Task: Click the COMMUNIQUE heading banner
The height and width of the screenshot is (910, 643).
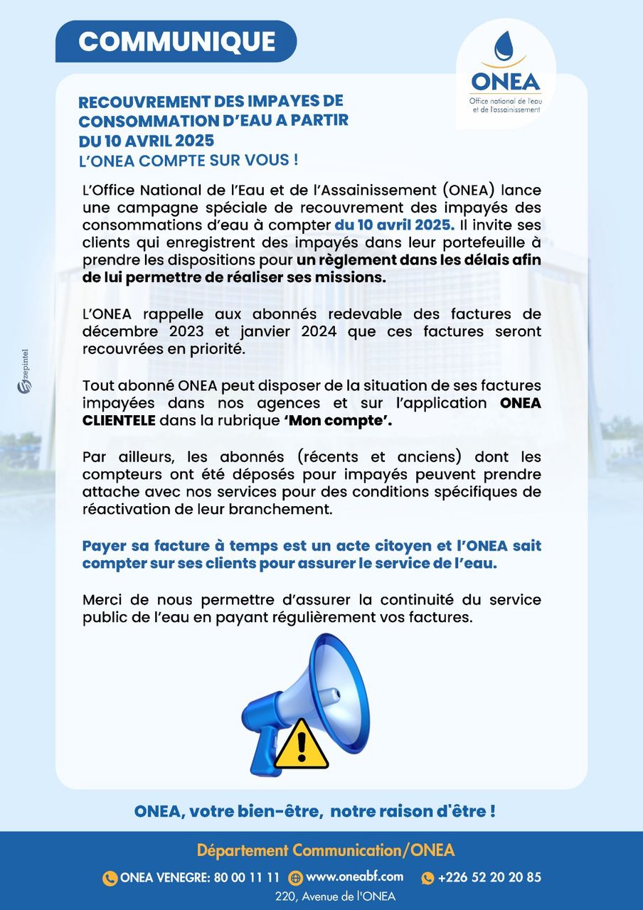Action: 176,41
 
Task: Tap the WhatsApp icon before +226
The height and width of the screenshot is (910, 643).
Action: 427,878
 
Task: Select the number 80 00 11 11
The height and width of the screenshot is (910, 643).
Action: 247,877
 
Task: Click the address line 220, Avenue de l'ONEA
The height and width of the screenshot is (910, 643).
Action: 335,896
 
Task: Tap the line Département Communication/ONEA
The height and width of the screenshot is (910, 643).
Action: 325,850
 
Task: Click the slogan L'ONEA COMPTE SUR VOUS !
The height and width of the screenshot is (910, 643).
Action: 188,159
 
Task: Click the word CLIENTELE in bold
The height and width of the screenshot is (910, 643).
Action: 119,421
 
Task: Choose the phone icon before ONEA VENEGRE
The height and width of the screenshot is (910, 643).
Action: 110,878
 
